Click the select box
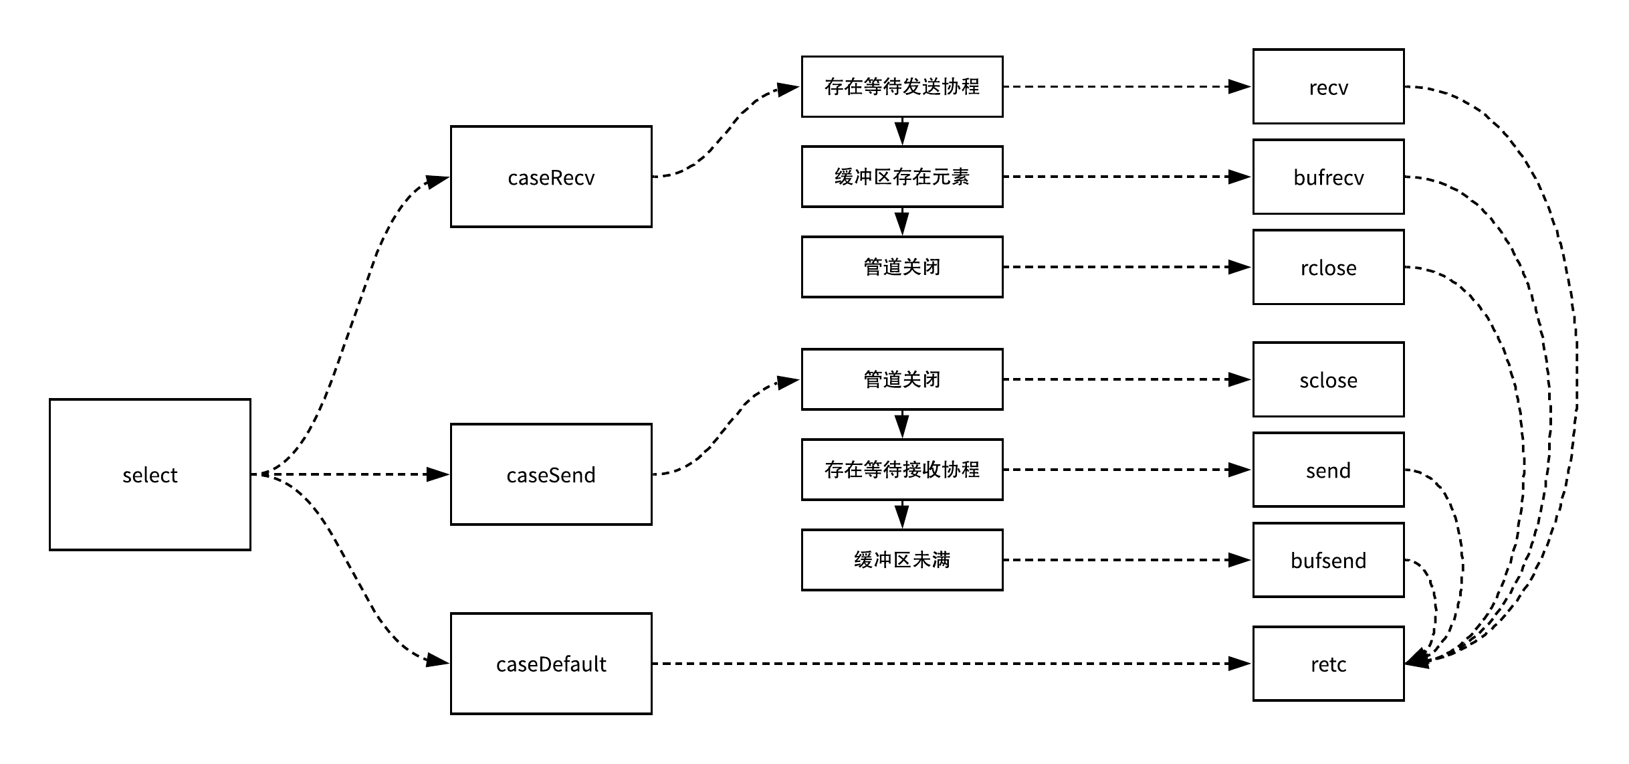point(150,474)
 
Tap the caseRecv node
point(551,177)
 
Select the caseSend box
point(551,474)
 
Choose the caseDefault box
point(551,664)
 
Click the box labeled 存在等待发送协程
point(902,86)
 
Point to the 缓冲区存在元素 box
point(902,177)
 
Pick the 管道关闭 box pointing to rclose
point(902,267)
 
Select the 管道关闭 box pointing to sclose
point(902,379)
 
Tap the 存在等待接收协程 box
point(902,470)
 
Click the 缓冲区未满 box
point(902,560)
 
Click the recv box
point(1328,86)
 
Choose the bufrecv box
point(1328,177)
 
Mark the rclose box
point(1328,267)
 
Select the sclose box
point(1328,379)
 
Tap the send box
point(1328,470)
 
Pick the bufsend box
point(1328,560)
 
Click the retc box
point(1328,664)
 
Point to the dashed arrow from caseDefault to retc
point(950,664)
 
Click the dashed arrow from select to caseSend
point(348,474)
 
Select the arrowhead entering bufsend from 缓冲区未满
point(1241,560)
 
